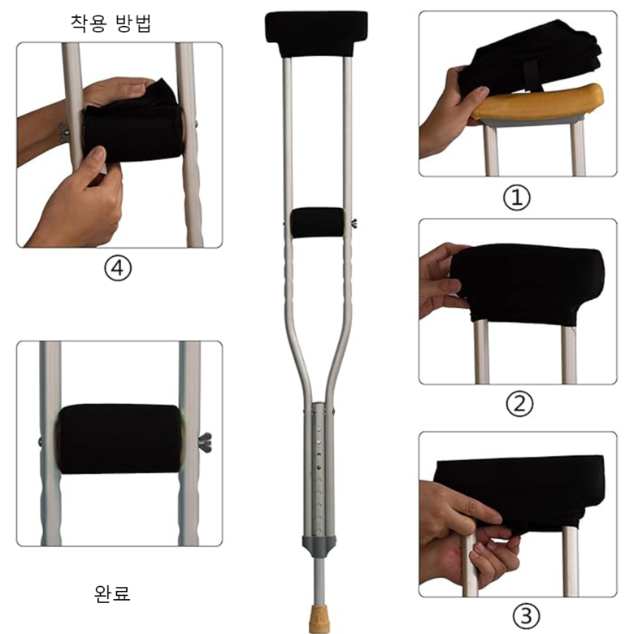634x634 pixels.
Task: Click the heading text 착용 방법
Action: tap(111, 24)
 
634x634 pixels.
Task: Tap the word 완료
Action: tap(112, 593)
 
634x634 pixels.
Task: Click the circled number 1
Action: tap(517, 198)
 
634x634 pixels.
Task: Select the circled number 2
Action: tap(519, 403)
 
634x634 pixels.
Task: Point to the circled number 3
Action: tap(526, 616)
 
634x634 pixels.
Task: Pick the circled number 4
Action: tap(118, 267)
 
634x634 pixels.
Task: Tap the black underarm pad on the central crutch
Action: tap(316, 33)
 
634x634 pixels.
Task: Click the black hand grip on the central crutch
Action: tap(317, 223)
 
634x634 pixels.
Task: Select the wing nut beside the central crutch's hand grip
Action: tap(353, 223)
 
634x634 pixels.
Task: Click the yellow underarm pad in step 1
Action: tap(538, 101)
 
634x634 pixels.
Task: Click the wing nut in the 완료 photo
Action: tap(205, 442)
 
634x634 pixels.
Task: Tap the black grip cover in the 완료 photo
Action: tap(119, 439)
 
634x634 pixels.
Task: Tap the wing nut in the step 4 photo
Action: tap(63, 132)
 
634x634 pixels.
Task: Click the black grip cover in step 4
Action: tap(133, 129)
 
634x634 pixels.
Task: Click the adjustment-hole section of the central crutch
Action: tap(319, 469)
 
